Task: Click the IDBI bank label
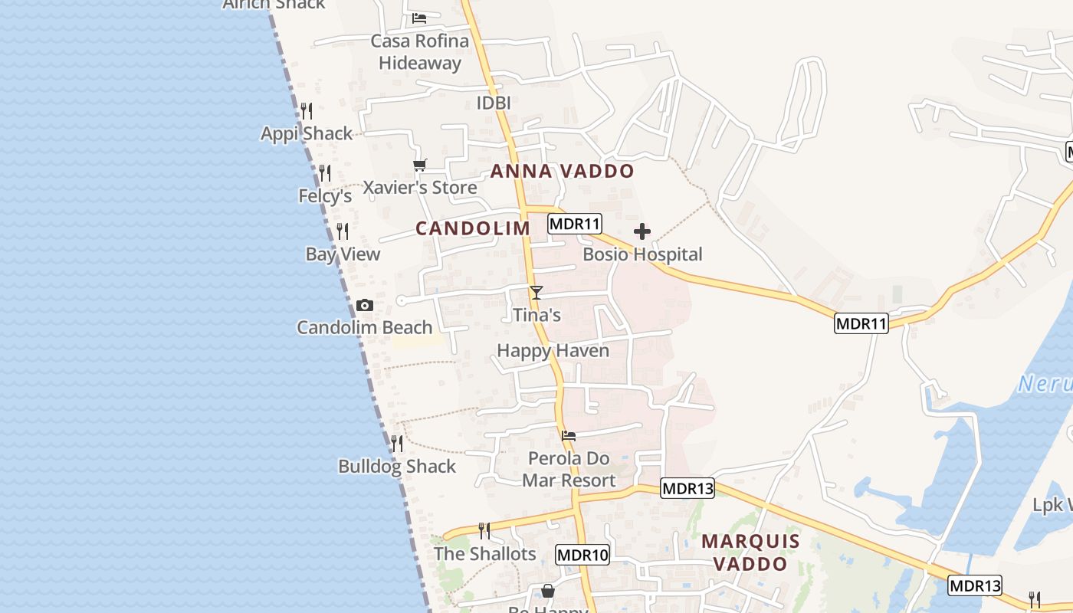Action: coord(493,103)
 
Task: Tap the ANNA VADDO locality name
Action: coord(562,171)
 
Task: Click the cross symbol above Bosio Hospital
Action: coord(642,231)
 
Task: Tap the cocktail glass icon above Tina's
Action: coord(536,293)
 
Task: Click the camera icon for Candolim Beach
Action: coord(365,306)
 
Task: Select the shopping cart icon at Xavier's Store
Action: coord(419,165)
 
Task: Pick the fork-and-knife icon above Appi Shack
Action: coord(307,111)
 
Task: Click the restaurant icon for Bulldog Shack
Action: coord(396,444)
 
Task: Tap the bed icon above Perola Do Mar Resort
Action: coord(569,435)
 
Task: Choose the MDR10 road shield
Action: coord(582,555)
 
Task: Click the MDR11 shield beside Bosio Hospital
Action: coord(575,224)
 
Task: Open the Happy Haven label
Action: coord(553,351)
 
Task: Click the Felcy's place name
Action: coord(325,196)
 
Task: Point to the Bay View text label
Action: coord(343,254)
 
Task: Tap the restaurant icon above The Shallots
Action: coord(484,530)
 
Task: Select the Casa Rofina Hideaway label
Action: coord(420,51)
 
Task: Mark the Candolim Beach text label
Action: coord(365,328)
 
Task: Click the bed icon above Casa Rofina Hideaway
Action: coord(419,18)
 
